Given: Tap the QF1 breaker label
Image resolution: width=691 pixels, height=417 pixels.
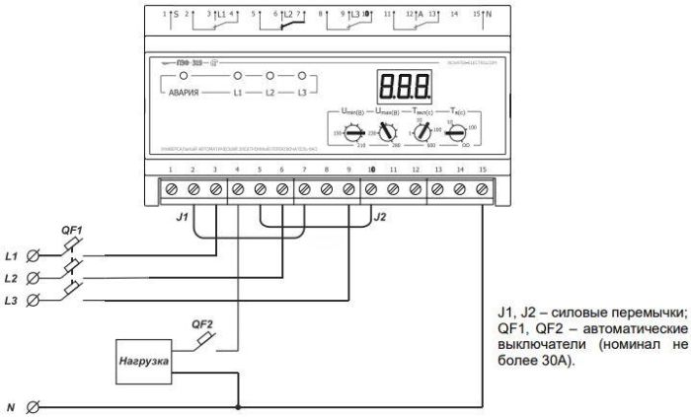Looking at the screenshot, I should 75,230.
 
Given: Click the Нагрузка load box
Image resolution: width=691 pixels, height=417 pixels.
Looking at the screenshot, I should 142,361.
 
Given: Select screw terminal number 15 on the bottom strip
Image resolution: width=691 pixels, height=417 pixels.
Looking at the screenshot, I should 481,187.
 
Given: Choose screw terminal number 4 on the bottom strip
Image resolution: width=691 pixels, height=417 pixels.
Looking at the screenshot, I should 237,187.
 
